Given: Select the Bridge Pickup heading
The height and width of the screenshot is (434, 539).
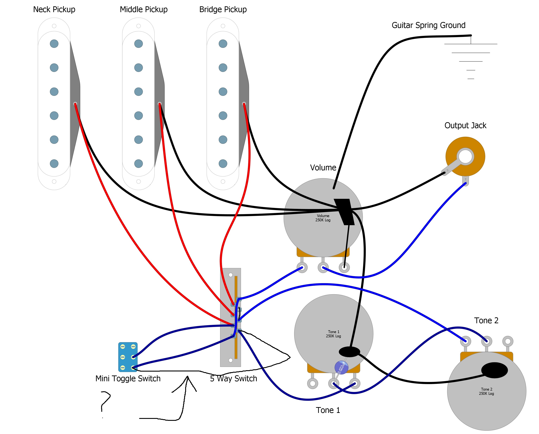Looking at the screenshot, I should [x=223, y=9].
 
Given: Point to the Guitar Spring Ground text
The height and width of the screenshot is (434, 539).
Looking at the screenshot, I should [x=428, y=25].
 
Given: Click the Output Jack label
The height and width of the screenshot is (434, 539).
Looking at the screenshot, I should [x=465, y=125].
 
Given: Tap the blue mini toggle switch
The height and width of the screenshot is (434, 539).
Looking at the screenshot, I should [x=128, y=357].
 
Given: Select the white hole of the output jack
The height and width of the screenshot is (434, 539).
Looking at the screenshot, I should [x=465, y=156].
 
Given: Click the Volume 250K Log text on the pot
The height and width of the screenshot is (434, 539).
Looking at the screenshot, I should [x=323, y=218].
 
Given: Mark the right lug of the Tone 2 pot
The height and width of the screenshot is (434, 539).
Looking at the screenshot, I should [x=508, y=341].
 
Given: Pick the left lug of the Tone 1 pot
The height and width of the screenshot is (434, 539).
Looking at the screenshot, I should [x=312, y=383].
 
